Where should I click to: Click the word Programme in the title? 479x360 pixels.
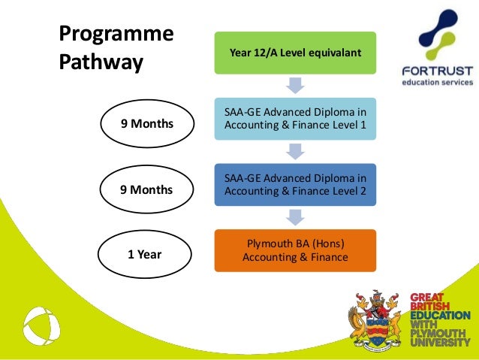116,35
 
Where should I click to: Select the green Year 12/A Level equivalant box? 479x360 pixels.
294,52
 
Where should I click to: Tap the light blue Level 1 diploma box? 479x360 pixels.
294,119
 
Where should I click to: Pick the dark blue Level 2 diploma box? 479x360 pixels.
294,184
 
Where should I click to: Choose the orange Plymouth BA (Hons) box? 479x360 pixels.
294,250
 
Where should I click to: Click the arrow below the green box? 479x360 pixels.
295,84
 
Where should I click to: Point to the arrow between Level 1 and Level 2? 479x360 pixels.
295,151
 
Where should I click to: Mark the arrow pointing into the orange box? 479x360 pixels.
295,216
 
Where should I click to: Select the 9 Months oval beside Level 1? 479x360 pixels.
146,124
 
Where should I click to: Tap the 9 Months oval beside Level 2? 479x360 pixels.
146,190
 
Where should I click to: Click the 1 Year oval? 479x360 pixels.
145,255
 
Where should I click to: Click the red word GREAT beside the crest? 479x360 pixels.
426,298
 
